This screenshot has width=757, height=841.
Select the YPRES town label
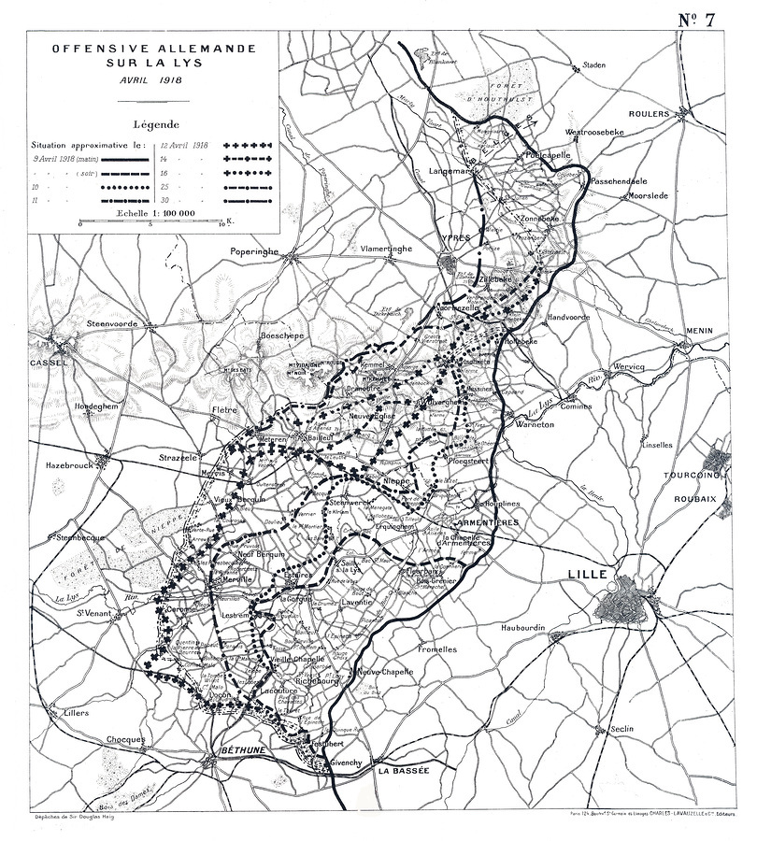click(454, 238)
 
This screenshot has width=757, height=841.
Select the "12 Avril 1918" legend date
click(182, 146)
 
